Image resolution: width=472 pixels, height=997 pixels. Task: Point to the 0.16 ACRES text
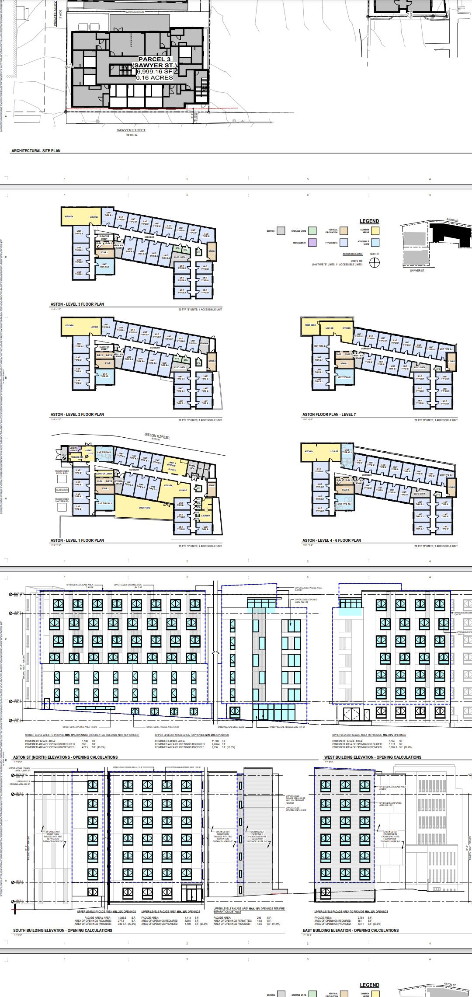(154, 78)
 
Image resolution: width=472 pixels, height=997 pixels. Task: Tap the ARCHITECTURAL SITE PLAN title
(36, 150)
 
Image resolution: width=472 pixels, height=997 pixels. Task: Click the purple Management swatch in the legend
(312, 243)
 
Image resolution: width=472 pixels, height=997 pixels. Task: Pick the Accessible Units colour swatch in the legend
(375, 243)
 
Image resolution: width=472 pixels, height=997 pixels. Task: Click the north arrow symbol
(375, 263)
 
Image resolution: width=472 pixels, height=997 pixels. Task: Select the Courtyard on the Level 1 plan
(145, 508)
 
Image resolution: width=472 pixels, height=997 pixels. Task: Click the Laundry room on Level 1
(205, 516)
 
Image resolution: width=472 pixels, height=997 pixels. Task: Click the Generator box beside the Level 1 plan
(62, 490)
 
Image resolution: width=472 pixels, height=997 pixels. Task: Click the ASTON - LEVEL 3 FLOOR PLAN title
(77, 304)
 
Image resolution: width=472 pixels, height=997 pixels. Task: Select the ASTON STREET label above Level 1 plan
(157, 436)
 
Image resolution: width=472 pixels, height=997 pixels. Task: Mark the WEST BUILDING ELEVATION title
(372, 757)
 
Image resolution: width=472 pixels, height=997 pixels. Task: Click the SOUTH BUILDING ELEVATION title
(62, 930)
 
